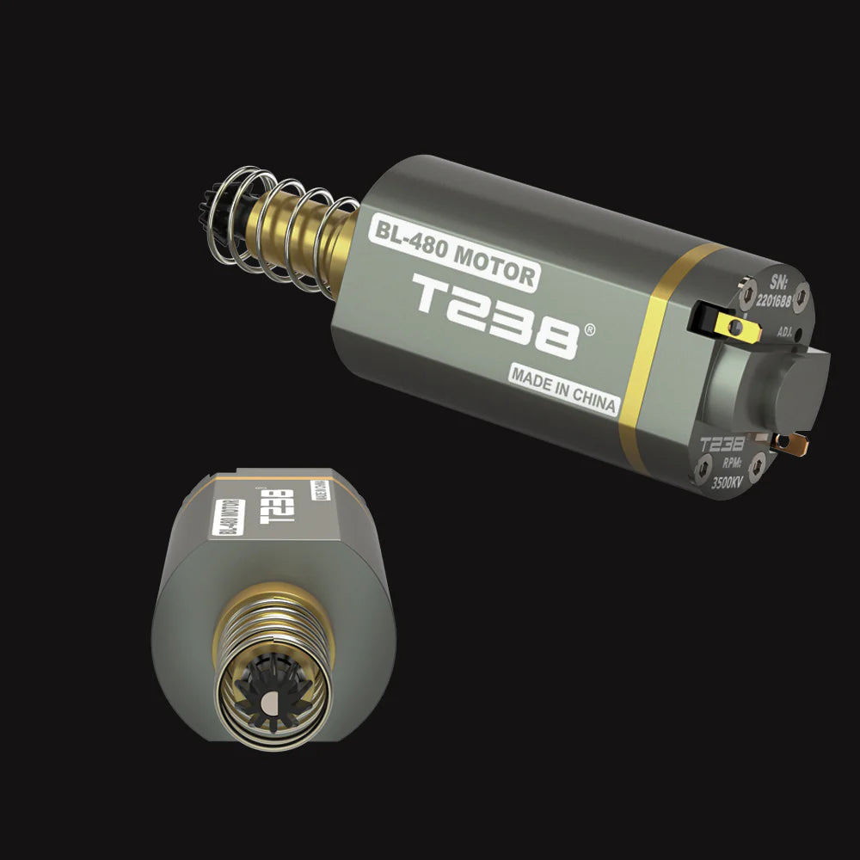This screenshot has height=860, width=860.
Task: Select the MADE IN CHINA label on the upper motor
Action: click(563, 389)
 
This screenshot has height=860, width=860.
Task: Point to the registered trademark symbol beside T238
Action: click(589, 329)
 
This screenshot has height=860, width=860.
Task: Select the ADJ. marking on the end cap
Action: click(784, 330)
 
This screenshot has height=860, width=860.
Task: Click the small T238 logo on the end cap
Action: click(721, 445)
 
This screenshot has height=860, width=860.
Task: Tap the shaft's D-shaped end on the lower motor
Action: click(268, 704)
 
